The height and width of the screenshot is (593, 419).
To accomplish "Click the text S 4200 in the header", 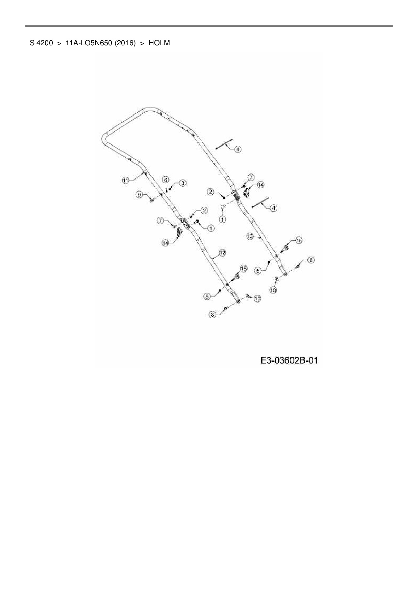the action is [41, 43].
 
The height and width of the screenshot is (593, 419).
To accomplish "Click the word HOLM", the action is [159, 43].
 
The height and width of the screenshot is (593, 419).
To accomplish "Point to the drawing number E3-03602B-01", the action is [289, 361].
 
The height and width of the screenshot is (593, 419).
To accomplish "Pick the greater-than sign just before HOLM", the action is [142, 43].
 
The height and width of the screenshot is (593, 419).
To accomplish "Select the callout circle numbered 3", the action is [182, 183].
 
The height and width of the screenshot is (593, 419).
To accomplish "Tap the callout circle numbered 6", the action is [165, 179].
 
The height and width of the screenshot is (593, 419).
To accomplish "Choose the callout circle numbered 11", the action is [125, 180].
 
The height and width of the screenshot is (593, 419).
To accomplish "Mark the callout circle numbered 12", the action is [222, 253].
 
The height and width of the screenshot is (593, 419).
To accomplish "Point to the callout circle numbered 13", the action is [250, 237].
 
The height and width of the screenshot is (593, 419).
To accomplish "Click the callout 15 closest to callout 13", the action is [299, 240].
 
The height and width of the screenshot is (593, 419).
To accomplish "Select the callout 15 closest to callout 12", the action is [243, 268].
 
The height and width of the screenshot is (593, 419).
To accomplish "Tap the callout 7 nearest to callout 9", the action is [161, 221].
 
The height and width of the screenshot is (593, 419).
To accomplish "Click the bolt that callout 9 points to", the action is [151, 199].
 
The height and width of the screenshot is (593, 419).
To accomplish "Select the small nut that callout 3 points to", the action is [170, 189].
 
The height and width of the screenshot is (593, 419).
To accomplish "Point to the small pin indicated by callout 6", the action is [166, 188].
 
